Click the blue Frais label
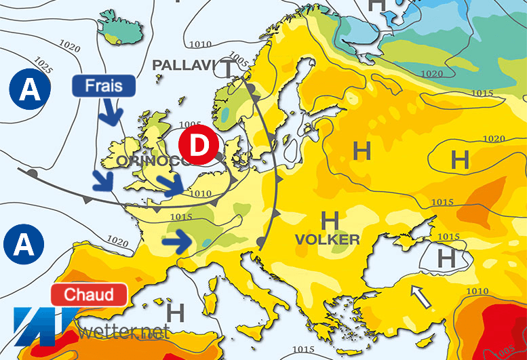104,85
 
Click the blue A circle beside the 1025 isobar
28,90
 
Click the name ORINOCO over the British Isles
151,161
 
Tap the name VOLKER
327,239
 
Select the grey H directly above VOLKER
330,220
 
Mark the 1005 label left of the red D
192,125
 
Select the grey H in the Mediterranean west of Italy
176,313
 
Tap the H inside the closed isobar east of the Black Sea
446,258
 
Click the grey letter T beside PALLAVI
229,68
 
